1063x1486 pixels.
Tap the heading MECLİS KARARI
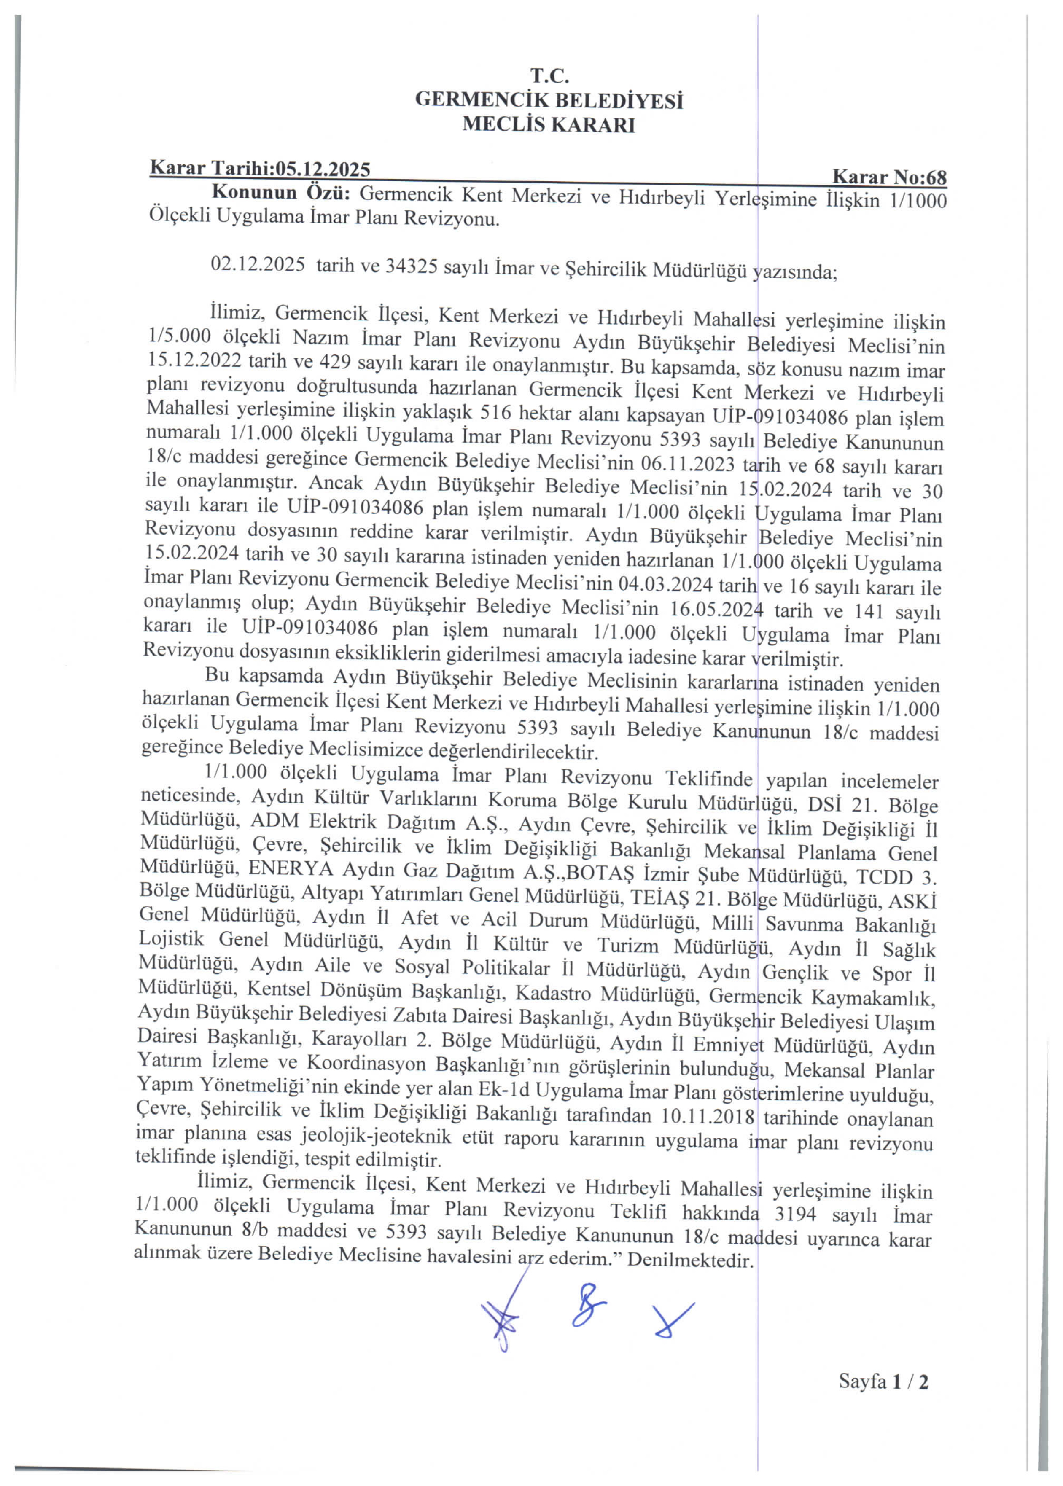coord(549,124)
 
